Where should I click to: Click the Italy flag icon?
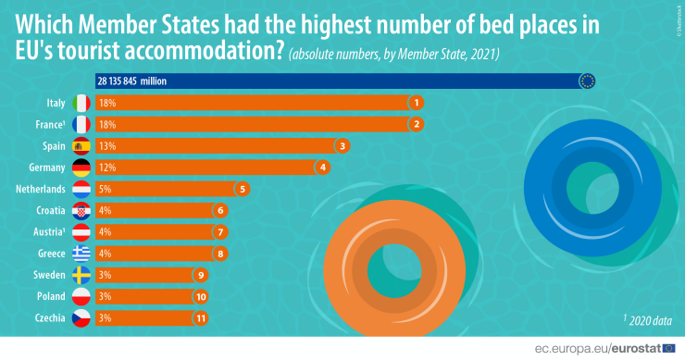point(81,103)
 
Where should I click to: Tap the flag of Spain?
point(81,145)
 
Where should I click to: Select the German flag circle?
point(81,168)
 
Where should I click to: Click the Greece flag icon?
point(81,253)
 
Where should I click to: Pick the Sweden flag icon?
point(81,275)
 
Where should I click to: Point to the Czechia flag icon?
point(81,317)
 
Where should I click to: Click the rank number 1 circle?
point(417,103)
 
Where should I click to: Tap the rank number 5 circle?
point(243,189)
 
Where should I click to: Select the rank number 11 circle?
point(200,317)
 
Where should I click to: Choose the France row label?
point(47,124)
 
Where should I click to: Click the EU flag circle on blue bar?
point(586,81)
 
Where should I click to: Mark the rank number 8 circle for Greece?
point(219,253)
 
